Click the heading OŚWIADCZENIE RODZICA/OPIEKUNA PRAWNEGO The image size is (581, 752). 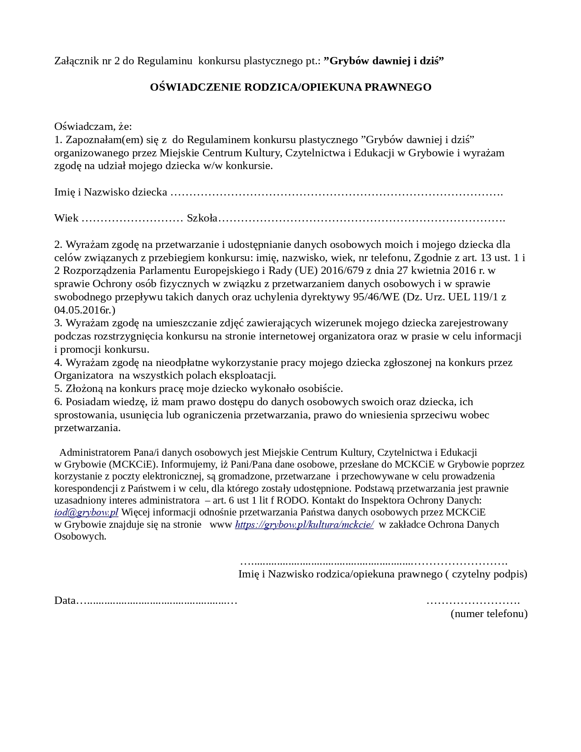point(290,87)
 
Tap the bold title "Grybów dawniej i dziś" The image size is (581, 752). point(384,61)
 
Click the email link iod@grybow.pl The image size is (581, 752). point(86,512)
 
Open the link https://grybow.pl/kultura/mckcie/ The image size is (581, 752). point(304,524)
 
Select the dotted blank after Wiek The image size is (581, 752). point(132,219)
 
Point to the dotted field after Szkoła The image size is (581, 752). point(361,219)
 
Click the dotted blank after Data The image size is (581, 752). point(157,601)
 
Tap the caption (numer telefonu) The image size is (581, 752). point(489,613)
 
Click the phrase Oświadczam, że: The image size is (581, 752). point(93,126)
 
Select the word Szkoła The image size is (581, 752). point(202,218)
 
